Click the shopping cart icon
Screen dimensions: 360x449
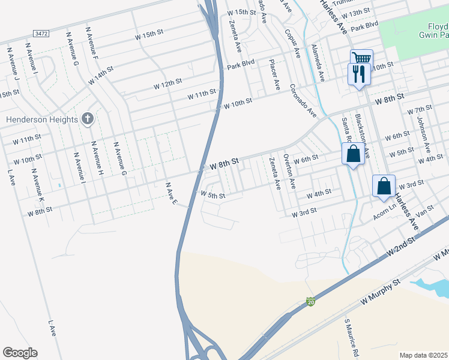coord(361,58)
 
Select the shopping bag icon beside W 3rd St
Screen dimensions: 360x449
coord(384,186)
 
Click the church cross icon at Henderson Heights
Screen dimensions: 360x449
coord(88,118)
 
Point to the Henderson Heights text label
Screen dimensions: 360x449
coord(42,119)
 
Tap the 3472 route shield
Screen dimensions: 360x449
coord(41,34)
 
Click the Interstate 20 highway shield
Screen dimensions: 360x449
coord(310,302)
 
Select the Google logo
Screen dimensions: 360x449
coord(20,353)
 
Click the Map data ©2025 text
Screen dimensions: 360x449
coord(424,355)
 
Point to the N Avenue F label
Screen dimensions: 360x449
coord(92,41)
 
